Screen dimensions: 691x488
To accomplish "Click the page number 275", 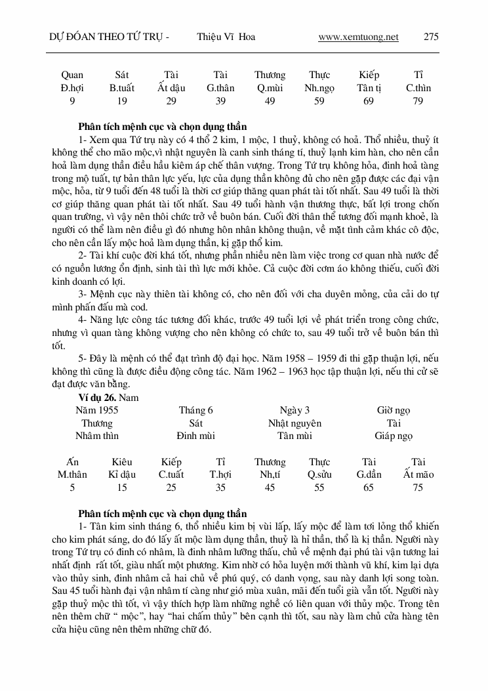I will (x=431, y=37).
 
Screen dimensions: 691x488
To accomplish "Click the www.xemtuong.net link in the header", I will (x=358, y=37).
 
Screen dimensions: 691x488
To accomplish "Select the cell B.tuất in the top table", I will (x=122, y=88).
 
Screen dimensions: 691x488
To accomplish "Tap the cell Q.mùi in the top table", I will (x=270, y=88).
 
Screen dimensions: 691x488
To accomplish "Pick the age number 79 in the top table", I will (x=418, y=100).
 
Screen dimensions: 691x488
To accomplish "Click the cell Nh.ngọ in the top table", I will (x=319, y=88).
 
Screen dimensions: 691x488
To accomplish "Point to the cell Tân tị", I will (x=369, y=88).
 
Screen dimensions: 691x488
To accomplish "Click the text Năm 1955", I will (x=96, y=410).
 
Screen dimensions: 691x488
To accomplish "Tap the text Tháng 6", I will (x=196, y=410).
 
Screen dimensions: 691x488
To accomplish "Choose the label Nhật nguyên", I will (x=295, y=423).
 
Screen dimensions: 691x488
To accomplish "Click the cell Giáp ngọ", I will (x=394, y=436).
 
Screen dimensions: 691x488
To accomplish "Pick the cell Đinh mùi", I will (x=195, y=436).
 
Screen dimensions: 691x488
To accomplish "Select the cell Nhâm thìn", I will (x=97, y=436).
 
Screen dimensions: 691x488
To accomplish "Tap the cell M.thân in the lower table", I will (x=72, y=474).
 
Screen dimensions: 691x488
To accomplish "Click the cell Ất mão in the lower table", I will (x=418, y=474).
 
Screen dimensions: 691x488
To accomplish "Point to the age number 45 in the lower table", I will (x=270, y=488).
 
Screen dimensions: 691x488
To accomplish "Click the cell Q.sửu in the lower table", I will (x=319, y=474).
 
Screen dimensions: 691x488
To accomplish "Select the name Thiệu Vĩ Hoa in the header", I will (x=226, y=37).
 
